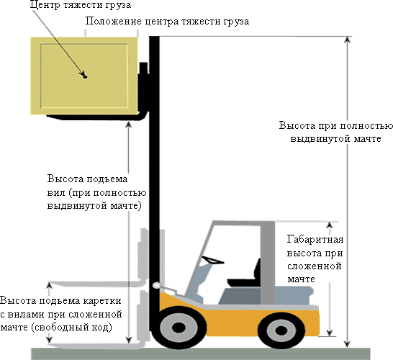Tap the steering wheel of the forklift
[212, 260]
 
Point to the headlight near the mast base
[156, 285]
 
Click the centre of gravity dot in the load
[85, 76]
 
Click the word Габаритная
[315, 239]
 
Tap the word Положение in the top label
[114, 22]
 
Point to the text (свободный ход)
[71, 328]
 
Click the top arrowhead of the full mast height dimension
[347, 40]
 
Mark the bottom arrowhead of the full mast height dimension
[347, 344]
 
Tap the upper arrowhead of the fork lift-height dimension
[129, 125]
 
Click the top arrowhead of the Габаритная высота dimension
[330, 225]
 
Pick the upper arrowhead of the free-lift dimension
[50, 285]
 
